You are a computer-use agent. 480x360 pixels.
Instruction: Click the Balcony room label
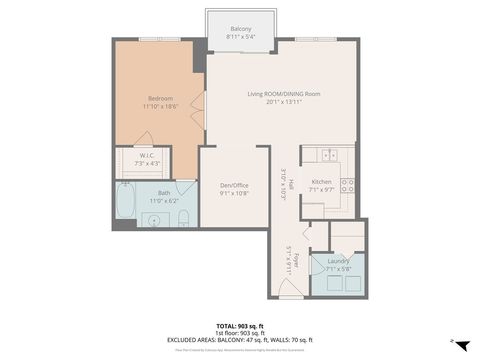(x=241, y=28)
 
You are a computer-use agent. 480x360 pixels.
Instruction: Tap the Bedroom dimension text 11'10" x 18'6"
(x=160, y=106)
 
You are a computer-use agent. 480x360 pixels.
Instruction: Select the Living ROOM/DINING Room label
(x=284, y=94)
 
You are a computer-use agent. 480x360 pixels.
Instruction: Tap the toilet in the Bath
(x=183, y=219)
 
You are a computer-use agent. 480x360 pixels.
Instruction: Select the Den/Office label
(x=234, y=184)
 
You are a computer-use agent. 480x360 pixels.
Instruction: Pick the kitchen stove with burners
(x=347, y=185)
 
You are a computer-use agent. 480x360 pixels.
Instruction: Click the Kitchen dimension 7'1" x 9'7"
(x=322, y=189)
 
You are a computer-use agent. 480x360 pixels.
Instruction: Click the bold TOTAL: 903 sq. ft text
(x=240, y=326)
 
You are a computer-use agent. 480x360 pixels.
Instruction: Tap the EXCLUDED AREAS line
(x=240, y=340)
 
